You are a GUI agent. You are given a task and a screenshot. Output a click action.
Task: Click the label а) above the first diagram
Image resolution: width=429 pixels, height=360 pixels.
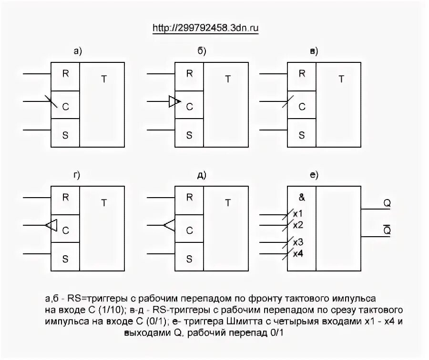(x=78, y=52)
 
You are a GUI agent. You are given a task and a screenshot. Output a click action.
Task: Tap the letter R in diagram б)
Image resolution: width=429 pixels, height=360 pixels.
(x=189, y=73)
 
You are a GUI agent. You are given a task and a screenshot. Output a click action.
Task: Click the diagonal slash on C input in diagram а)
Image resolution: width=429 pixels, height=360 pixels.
(x=52, y=101)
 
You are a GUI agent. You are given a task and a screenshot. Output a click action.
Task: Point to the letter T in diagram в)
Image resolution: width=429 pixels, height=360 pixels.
(x=341, y=79)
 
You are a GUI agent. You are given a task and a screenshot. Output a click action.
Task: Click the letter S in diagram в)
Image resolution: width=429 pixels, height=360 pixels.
(x=302, y=135)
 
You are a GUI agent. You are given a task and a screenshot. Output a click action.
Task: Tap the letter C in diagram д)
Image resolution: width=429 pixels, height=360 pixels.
(x=189, y=230)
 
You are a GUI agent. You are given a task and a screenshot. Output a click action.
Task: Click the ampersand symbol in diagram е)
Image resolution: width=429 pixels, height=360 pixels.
(x=302, y=197)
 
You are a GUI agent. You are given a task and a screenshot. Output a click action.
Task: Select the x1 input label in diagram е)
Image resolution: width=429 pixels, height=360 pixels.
(x=298, y=213)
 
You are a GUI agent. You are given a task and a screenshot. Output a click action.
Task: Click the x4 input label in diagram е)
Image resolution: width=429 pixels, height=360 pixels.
(x=298, y=253)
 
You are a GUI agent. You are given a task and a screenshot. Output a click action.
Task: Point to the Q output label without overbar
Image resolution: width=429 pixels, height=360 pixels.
(x=387, y=203)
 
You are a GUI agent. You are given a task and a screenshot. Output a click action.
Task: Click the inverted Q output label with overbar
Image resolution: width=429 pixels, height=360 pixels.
(x=387, y=230)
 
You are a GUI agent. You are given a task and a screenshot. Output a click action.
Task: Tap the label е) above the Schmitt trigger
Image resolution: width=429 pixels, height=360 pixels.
(x=313, y=176)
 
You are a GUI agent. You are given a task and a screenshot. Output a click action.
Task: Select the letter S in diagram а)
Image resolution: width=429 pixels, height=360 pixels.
(x=65, y=135)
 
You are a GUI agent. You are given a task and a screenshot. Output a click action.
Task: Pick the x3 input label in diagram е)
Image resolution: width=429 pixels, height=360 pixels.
(x=298, y=242)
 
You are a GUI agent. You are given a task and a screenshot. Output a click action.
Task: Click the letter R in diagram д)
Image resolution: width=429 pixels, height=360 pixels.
(x=189, y=197)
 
